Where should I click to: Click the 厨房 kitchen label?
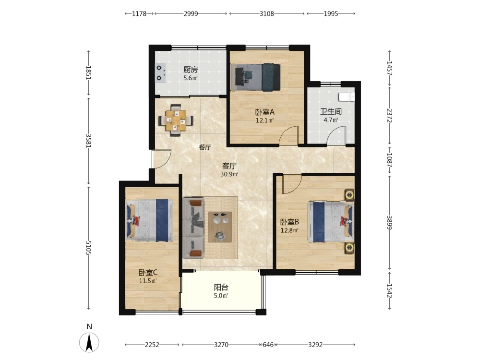(191, 70)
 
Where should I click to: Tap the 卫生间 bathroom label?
(331, 111)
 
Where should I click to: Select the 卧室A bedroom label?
(265, 112)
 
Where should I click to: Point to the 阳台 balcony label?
(221, 288)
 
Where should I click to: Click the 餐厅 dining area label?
(205, 147)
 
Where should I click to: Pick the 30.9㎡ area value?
(229, 175)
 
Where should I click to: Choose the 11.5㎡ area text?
(148, 281)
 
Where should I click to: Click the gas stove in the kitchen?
(160, 73)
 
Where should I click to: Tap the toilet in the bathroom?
(347, 97)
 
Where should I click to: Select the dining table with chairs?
(176, 120)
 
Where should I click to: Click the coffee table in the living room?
(220, 227)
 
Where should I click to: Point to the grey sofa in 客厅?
(193, 228)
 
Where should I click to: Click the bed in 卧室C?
(149, 220)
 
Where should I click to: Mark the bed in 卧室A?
(255, 77)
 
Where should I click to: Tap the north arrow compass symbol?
(89, 342)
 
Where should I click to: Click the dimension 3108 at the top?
(266, 13)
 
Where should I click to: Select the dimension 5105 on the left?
(88, 248)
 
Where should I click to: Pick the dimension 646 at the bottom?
(268, 345)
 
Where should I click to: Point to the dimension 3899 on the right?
(389, 223)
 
